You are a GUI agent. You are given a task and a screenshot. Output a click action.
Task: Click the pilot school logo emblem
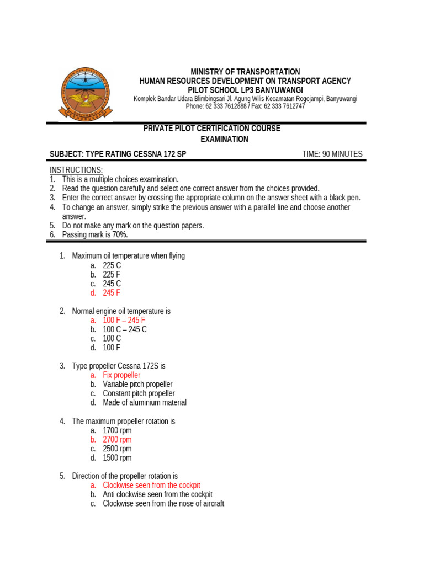click(85, 93)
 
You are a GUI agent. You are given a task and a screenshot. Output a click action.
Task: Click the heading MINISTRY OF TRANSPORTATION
click(245, 72)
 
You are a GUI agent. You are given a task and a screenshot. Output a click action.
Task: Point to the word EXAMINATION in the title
click(224, 140)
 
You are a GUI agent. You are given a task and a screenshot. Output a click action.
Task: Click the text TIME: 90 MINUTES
click(332, 154)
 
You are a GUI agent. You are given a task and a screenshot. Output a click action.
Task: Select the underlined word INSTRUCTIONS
click(76, 170)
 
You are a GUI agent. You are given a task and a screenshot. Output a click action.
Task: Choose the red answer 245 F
click(112, 293)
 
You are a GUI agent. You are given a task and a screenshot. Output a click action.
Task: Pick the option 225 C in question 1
click(112, 265)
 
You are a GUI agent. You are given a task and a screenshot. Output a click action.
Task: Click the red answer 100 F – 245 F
click(124, 320)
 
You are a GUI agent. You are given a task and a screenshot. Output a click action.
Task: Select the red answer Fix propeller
click(121, 375)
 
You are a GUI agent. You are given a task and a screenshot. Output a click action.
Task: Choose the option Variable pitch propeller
click(137, 384)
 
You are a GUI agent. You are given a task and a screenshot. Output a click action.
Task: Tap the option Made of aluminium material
click(145, 403)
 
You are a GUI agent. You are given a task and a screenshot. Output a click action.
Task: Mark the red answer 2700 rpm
click(117, 440)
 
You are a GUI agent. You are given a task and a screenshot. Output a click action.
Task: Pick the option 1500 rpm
click(117, 458)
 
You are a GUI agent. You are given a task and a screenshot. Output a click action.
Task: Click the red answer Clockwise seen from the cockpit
click(151, 485)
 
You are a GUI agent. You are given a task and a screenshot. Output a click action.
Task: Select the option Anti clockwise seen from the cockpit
click(157, 494)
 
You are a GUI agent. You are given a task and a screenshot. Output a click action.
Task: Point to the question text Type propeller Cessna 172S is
click(119, 366)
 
